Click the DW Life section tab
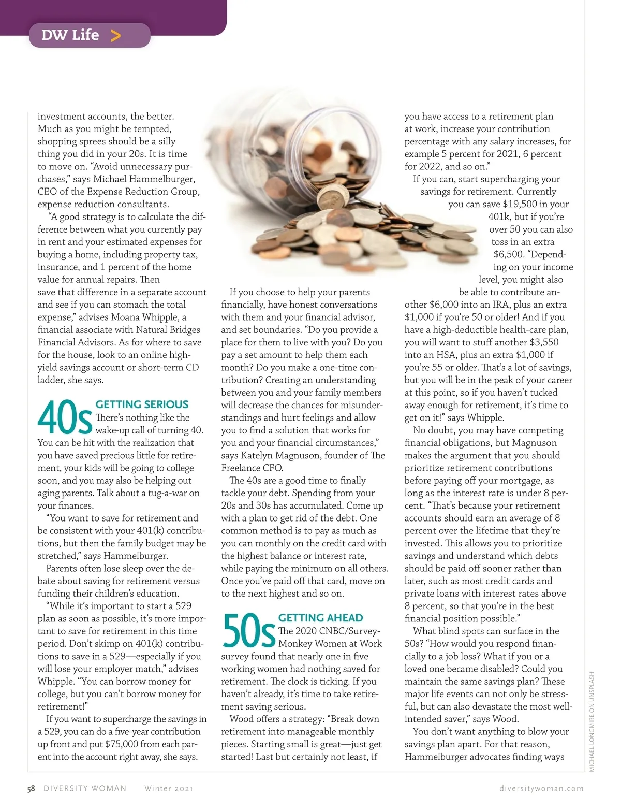(x=89, y=35)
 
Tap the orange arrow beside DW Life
(x=115, y=35)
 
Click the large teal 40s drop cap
(x=65, y=418)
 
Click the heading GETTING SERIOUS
(x=142, y=404)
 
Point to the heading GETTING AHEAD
(x=320, y=618)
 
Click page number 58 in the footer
(x=31, y=788)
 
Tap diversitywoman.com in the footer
(x=541, y=788)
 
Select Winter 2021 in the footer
(x=169, y=788)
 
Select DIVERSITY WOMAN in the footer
(x=85, y=788)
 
